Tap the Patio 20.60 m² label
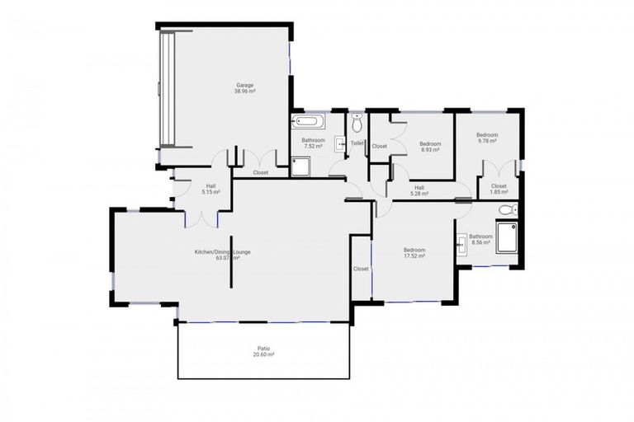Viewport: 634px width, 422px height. click(264, 350)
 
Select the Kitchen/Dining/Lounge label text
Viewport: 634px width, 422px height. click(216, 254)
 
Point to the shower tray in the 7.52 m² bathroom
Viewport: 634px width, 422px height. click(300, 167)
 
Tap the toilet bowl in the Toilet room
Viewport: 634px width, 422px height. click(357, 125)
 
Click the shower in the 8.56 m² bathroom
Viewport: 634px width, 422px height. click(505, 241)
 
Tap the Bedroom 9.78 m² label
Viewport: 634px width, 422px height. click(486, 138)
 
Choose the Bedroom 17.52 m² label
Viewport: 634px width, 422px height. click(414, 253)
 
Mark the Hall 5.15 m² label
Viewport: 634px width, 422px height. click(211, 189)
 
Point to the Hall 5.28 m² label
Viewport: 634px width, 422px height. click(419, 190)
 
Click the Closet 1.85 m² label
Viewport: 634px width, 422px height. click(499, 189)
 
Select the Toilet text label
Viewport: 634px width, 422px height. click(357, 143)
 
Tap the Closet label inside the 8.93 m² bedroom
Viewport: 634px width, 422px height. click(379, 146)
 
